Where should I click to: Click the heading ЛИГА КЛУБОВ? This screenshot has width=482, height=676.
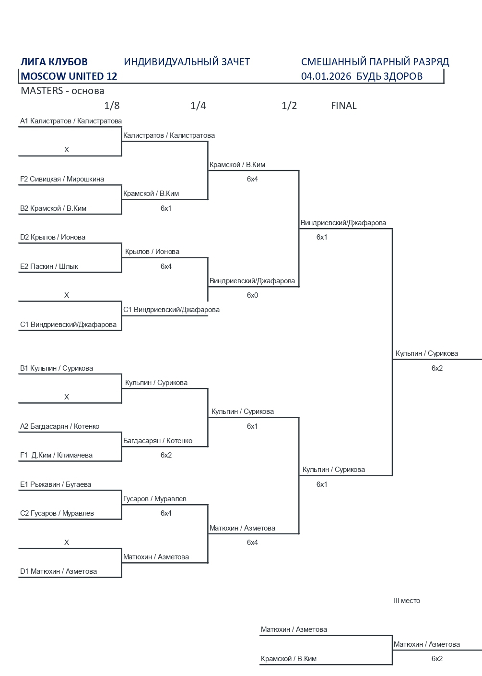(x=54, y=62)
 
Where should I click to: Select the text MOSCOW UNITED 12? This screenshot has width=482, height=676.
(x=69, y=76)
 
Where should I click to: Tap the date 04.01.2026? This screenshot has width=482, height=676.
(x=326, y=76)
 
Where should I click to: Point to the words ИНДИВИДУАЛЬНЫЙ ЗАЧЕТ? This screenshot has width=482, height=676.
(x=187, y=62)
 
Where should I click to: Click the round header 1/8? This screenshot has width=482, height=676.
(x=112, y=106)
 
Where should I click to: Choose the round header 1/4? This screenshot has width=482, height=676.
(x=198, y=106)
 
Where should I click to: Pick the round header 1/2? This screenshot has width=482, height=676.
(x=289, y=106)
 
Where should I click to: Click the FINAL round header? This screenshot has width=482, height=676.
(x=343, y=106)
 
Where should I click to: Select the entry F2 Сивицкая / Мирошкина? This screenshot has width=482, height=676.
(x=62, y=179)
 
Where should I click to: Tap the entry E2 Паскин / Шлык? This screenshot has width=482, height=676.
(x=49, y=266)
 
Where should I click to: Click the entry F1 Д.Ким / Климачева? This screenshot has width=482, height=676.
(x=56, y=455)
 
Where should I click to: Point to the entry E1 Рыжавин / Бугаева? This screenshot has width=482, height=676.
(x=55, y=484)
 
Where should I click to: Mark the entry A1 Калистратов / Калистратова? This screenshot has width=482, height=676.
(x=71, y=121)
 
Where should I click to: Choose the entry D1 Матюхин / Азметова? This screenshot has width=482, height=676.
(x=58, y=571)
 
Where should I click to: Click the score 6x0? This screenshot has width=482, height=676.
(x=252, y=295)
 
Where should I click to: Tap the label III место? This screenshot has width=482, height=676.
(x=407, y=601)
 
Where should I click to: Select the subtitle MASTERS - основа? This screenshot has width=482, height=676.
(x=62, y=91)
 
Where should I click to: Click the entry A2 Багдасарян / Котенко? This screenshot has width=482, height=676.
(x=59, y=426)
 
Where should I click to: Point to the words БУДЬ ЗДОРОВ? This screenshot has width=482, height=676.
(x=389, y=76)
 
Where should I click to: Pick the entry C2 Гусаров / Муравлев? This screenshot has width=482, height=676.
(x=57, y=513)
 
